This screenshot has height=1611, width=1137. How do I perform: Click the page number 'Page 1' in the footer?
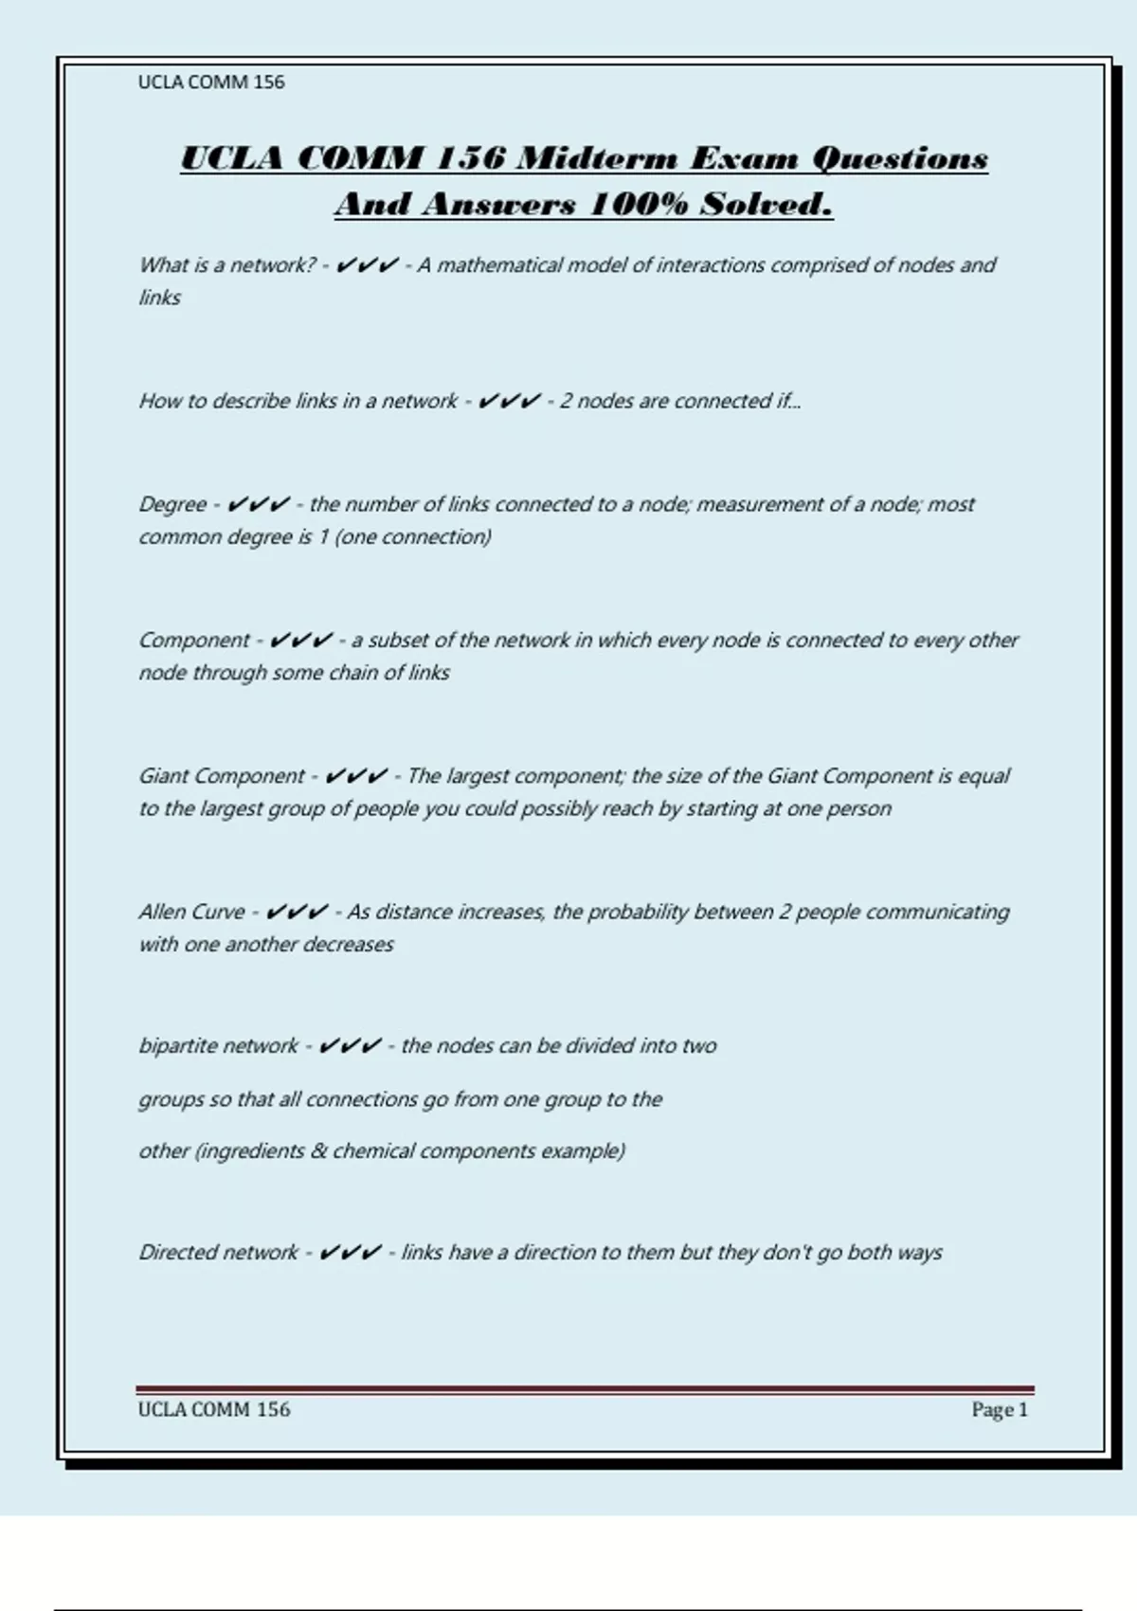(x=999, y=1410)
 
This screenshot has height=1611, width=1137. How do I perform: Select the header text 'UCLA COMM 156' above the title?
(x=211, y=82)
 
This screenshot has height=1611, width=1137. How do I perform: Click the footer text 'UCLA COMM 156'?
(x=214, y=1410)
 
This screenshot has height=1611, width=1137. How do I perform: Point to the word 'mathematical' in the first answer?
(x=498, y=265)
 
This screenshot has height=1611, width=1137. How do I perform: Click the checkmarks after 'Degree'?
(x=259, y=504)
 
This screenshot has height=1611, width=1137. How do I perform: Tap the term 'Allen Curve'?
(x=191, y=912)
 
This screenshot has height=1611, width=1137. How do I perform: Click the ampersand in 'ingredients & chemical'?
(x=318, y=1151)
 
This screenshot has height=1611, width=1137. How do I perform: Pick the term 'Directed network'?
(x=218, y=1253)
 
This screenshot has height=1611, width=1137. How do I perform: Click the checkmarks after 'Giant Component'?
(x=355, y=776)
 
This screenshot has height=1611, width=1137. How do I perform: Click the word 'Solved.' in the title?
(x=766, y=204)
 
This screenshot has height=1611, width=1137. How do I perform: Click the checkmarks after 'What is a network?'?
(x=367, y=265)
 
